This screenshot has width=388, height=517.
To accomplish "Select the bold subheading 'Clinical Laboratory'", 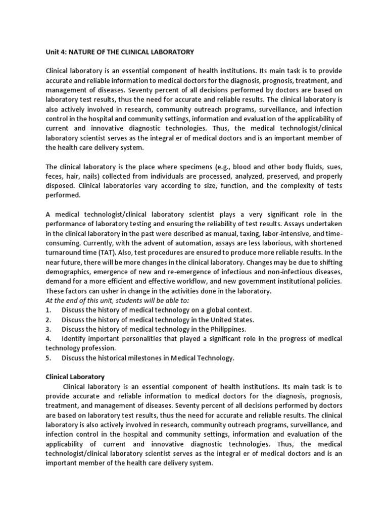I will coord(75,377).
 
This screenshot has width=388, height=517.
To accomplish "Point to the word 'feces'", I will coord(55,176).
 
